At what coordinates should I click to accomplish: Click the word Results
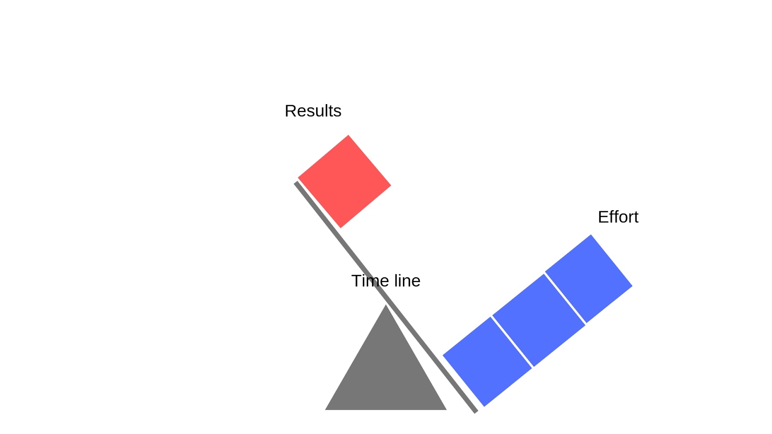(x=313, y=111)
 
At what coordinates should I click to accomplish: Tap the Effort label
(x=618, y=217)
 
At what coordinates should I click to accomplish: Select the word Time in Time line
(x=369, y=281)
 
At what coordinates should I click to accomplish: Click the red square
(x=344, y=181)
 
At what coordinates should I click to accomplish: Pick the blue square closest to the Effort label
(x=589, y=279)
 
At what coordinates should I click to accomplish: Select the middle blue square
(x=538, y=320)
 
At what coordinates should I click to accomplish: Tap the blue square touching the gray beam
(x=487, y=362)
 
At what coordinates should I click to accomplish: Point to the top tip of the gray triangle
(x=386, y=306)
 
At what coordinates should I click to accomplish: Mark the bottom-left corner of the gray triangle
(x=326, y=409)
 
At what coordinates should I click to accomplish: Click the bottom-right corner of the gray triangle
(x=445, y=409)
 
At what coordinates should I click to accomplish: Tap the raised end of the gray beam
(x=297, y=183)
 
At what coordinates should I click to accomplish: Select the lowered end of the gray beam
(x=476, y=411)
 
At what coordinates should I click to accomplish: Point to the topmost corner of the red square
(x=348, y=136)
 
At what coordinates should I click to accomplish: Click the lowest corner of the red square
(x=341, y=227)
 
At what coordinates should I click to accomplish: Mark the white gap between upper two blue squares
(x=565, y=298)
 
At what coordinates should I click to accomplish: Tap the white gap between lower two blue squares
(x=512, y=341)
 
